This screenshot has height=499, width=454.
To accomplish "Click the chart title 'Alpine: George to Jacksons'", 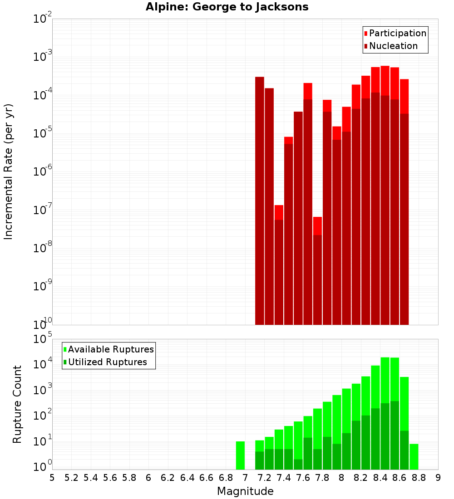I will tap(227, 7).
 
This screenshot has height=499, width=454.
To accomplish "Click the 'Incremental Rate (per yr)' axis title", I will tap(9, 171).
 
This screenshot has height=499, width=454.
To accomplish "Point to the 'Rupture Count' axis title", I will tap(17, 404).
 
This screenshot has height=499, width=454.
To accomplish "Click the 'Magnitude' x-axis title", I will tap(245, 491).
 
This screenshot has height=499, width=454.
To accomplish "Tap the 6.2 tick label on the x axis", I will tap(168, 478).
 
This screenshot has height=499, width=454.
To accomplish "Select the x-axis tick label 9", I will tap(438, 478).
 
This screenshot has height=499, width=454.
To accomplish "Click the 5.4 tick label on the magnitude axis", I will tap(90, 478).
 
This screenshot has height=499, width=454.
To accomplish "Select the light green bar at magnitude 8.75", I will tap(414, 456).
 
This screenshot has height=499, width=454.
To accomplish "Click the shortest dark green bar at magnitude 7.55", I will tap(298, 464).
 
